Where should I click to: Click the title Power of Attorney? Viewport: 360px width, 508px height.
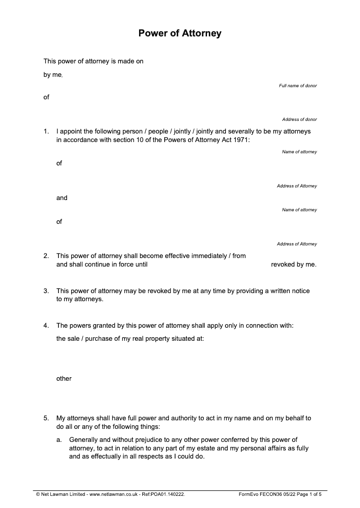180,33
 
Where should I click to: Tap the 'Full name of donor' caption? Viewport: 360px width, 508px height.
297,85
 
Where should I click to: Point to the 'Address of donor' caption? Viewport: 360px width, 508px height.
299,120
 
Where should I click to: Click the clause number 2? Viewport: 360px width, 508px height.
46,256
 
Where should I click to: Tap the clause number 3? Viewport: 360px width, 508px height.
46,291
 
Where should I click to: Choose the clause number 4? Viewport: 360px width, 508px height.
46,325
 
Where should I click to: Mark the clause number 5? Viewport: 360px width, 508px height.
46,418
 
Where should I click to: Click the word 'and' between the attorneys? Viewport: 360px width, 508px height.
62,198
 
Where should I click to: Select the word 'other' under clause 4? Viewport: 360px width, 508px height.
64,379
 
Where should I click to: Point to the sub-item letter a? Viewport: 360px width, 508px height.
59,440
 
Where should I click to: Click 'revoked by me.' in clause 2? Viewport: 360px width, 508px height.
293,264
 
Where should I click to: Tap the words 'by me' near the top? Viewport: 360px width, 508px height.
52,75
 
